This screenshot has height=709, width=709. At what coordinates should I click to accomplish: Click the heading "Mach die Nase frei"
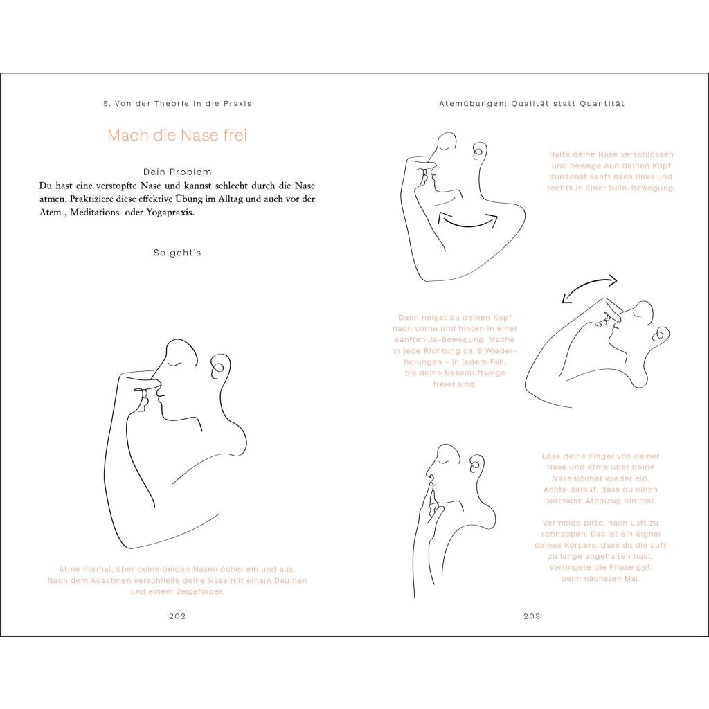(177, 135)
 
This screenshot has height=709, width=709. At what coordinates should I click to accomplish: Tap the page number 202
(177, 616)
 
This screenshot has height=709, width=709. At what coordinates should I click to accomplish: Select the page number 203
(532, 616)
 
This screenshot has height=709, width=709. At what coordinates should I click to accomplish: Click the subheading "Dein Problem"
(177, 172)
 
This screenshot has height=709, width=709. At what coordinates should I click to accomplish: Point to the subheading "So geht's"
(177, 253)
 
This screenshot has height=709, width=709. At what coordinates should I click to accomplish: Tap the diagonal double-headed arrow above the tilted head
(589, 288)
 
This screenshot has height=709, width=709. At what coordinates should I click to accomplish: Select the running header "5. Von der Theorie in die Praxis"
(177, 104)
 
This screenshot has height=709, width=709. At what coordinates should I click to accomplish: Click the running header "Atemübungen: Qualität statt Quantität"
(532, 104)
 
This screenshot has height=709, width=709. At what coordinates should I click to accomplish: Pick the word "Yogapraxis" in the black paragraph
(172, 213)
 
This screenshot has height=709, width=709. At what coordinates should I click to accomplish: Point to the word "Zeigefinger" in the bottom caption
(198, 591)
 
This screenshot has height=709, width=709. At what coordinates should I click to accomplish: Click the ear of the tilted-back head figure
(660, 334)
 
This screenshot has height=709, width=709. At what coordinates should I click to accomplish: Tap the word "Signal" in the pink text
(647, 534)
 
